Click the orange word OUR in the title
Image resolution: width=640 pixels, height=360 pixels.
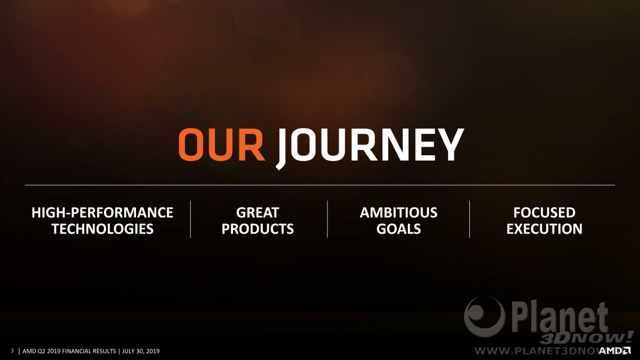click(x=222, y=145)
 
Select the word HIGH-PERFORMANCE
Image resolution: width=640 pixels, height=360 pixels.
click(x=102, y=213)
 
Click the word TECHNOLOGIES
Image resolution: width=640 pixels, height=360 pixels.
click(x=102, y=229)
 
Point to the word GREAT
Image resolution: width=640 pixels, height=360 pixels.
click(x=258, y=213)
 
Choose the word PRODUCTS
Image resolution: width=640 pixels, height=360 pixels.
click(x=258, y=229)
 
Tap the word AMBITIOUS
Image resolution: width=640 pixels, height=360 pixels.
click(x=398, y=213)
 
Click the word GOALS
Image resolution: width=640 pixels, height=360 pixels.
click(x=398, y=229)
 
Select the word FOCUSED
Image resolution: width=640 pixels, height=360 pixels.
click(x=545, y=213)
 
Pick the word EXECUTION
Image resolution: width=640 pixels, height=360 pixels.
click(x=545, y=229)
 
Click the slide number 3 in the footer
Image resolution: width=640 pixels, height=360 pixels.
click(x=12, y=350)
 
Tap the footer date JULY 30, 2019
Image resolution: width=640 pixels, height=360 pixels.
click(x=141, y=351)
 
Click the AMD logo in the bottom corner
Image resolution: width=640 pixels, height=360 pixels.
click(x=614, y=350)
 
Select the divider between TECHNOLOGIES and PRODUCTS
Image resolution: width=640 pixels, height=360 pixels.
click(x=190, y=219)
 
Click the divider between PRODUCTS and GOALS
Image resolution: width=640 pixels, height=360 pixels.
click(x=327, y=219)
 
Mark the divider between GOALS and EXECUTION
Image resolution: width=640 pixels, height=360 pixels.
click(x=469, y=219)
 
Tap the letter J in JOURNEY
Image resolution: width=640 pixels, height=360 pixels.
click(x=281, y=149)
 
